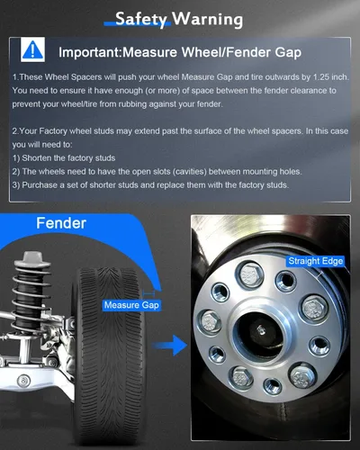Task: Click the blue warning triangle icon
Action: click(x=32, y=49)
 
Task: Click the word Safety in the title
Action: click(x=140, y=19)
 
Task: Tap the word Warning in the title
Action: click(x=208, y=19)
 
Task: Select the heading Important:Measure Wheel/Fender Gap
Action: click(x=180, y=52)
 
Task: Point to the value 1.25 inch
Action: click(x=331, y=77)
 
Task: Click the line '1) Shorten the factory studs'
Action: click(x=64, y=158)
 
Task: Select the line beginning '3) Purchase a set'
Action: click(x=150, y=185)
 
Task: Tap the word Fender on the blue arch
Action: click(x=61, y=223)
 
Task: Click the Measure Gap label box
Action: click(x=131, y=305)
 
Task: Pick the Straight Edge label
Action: click(x=316, y=261)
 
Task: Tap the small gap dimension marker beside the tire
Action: click(x=148, y=293)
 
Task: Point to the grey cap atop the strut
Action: click(x=32, y=258)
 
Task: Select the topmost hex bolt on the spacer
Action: click(x=249, y=274)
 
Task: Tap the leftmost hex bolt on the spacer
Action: click(x=210, y=322)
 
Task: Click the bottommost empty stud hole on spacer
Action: click(x=273, y=385)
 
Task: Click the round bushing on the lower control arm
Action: click(x=23, y=381)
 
